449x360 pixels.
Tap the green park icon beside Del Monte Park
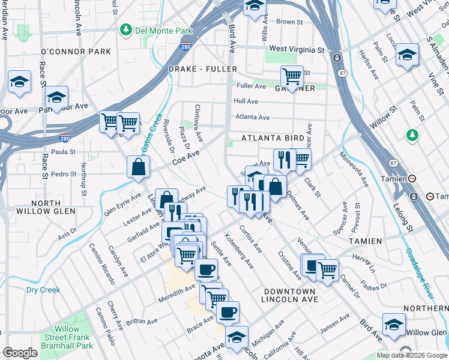tap(127, 29)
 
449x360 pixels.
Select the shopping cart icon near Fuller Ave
tap(292, 77)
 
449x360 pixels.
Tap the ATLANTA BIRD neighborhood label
tap(273, 137)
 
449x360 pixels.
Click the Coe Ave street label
tap(186, 158)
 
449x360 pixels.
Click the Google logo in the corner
tap(20, 353)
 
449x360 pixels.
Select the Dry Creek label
tap(43, 290)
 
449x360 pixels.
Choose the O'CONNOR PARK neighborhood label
tap(76, 52)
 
